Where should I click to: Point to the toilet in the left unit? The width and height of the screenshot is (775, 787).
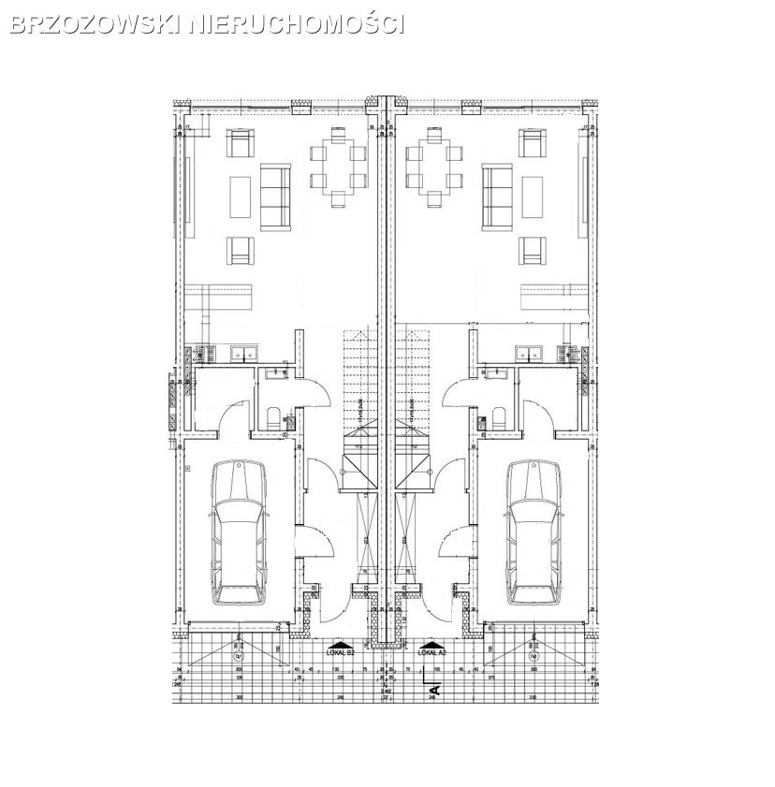pos(271,417)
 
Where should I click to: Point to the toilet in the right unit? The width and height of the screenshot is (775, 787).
pos(497,417)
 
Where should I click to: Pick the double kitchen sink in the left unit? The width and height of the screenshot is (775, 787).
pos(245,354)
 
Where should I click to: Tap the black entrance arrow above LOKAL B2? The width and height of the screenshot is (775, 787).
pos(334,645)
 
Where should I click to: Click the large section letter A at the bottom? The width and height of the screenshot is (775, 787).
pos(433,691)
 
